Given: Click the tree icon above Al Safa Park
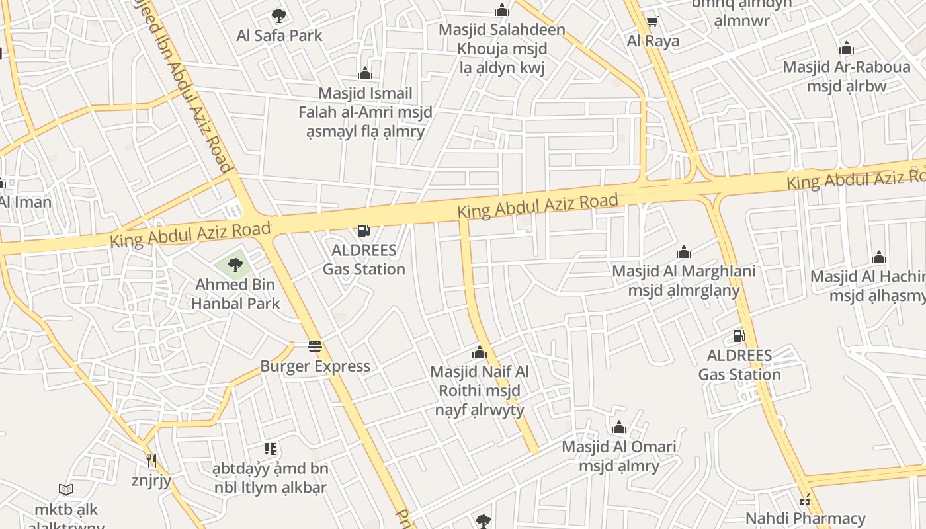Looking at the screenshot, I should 279,15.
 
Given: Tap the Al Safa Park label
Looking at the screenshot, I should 279,35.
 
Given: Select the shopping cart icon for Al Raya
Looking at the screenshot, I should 652,22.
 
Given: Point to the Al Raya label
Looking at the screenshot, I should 653,41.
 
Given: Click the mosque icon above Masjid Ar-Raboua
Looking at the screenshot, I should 846,48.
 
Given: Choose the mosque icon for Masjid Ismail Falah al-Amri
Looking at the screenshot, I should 364,73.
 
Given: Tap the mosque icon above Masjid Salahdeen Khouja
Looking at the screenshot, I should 502,11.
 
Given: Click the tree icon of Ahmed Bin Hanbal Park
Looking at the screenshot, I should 235,266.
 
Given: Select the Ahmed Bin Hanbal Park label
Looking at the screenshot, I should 235,294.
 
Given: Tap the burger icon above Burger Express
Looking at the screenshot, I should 315,346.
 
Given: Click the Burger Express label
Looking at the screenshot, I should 315,366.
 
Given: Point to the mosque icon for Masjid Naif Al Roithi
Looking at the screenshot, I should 480,352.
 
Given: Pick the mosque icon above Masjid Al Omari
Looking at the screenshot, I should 619,427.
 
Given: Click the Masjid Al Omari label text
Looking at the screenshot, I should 619,456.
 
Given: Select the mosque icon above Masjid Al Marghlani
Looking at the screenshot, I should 684,252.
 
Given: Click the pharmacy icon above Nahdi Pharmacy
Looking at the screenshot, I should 805,499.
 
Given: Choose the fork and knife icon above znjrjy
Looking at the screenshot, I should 151,460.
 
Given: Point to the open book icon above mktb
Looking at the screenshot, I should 65,490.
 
